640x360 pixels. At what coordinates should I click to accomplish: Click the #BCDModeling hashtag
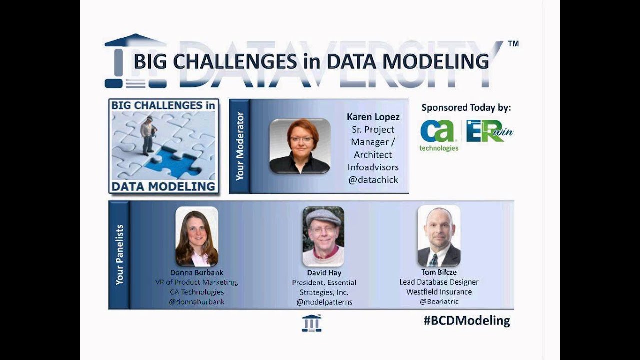pos(467,321)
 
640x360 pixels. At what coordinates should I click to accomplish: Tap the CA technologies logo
pos(438,134)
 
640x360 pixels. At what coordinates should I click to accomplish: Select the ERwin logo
pos(489,131)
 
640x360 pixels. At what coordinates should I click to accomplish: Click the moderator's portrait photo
pos(300,146)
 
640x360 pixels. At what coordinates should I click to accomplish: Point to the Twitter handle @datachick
pos(373,180)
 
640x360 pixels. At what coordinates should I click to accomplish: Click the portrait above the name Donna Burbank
pos(197,237)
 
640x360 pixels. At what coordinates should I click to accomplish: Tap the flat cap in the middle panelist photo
pos(323,216)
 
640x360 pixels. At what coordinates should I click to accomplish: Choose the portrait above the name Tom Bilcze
pos(439,236)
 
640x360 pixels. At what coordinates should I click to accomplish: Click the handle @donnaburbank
pos(197,302)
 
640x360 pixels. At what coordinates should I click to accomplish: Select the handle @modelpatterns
pos(324,302)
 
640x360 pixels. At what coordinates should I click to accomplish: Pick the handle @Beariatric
pos(439,301)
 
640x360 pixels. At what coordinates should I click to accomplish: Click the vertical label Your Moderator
pos(240,146)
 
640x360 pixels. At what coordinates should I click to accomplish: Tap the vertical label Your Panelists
pos(119,255)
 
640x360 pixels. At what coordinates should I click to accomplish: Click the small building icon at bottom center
pos(311,323)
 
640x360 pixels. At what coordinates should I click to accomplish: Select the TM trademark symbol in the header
pos(513,44)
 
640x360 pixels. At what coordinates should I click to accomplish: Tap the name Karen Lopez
pos(373,117)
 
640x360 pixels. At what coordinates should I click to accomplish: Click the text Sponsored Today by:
pos(466,107)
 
